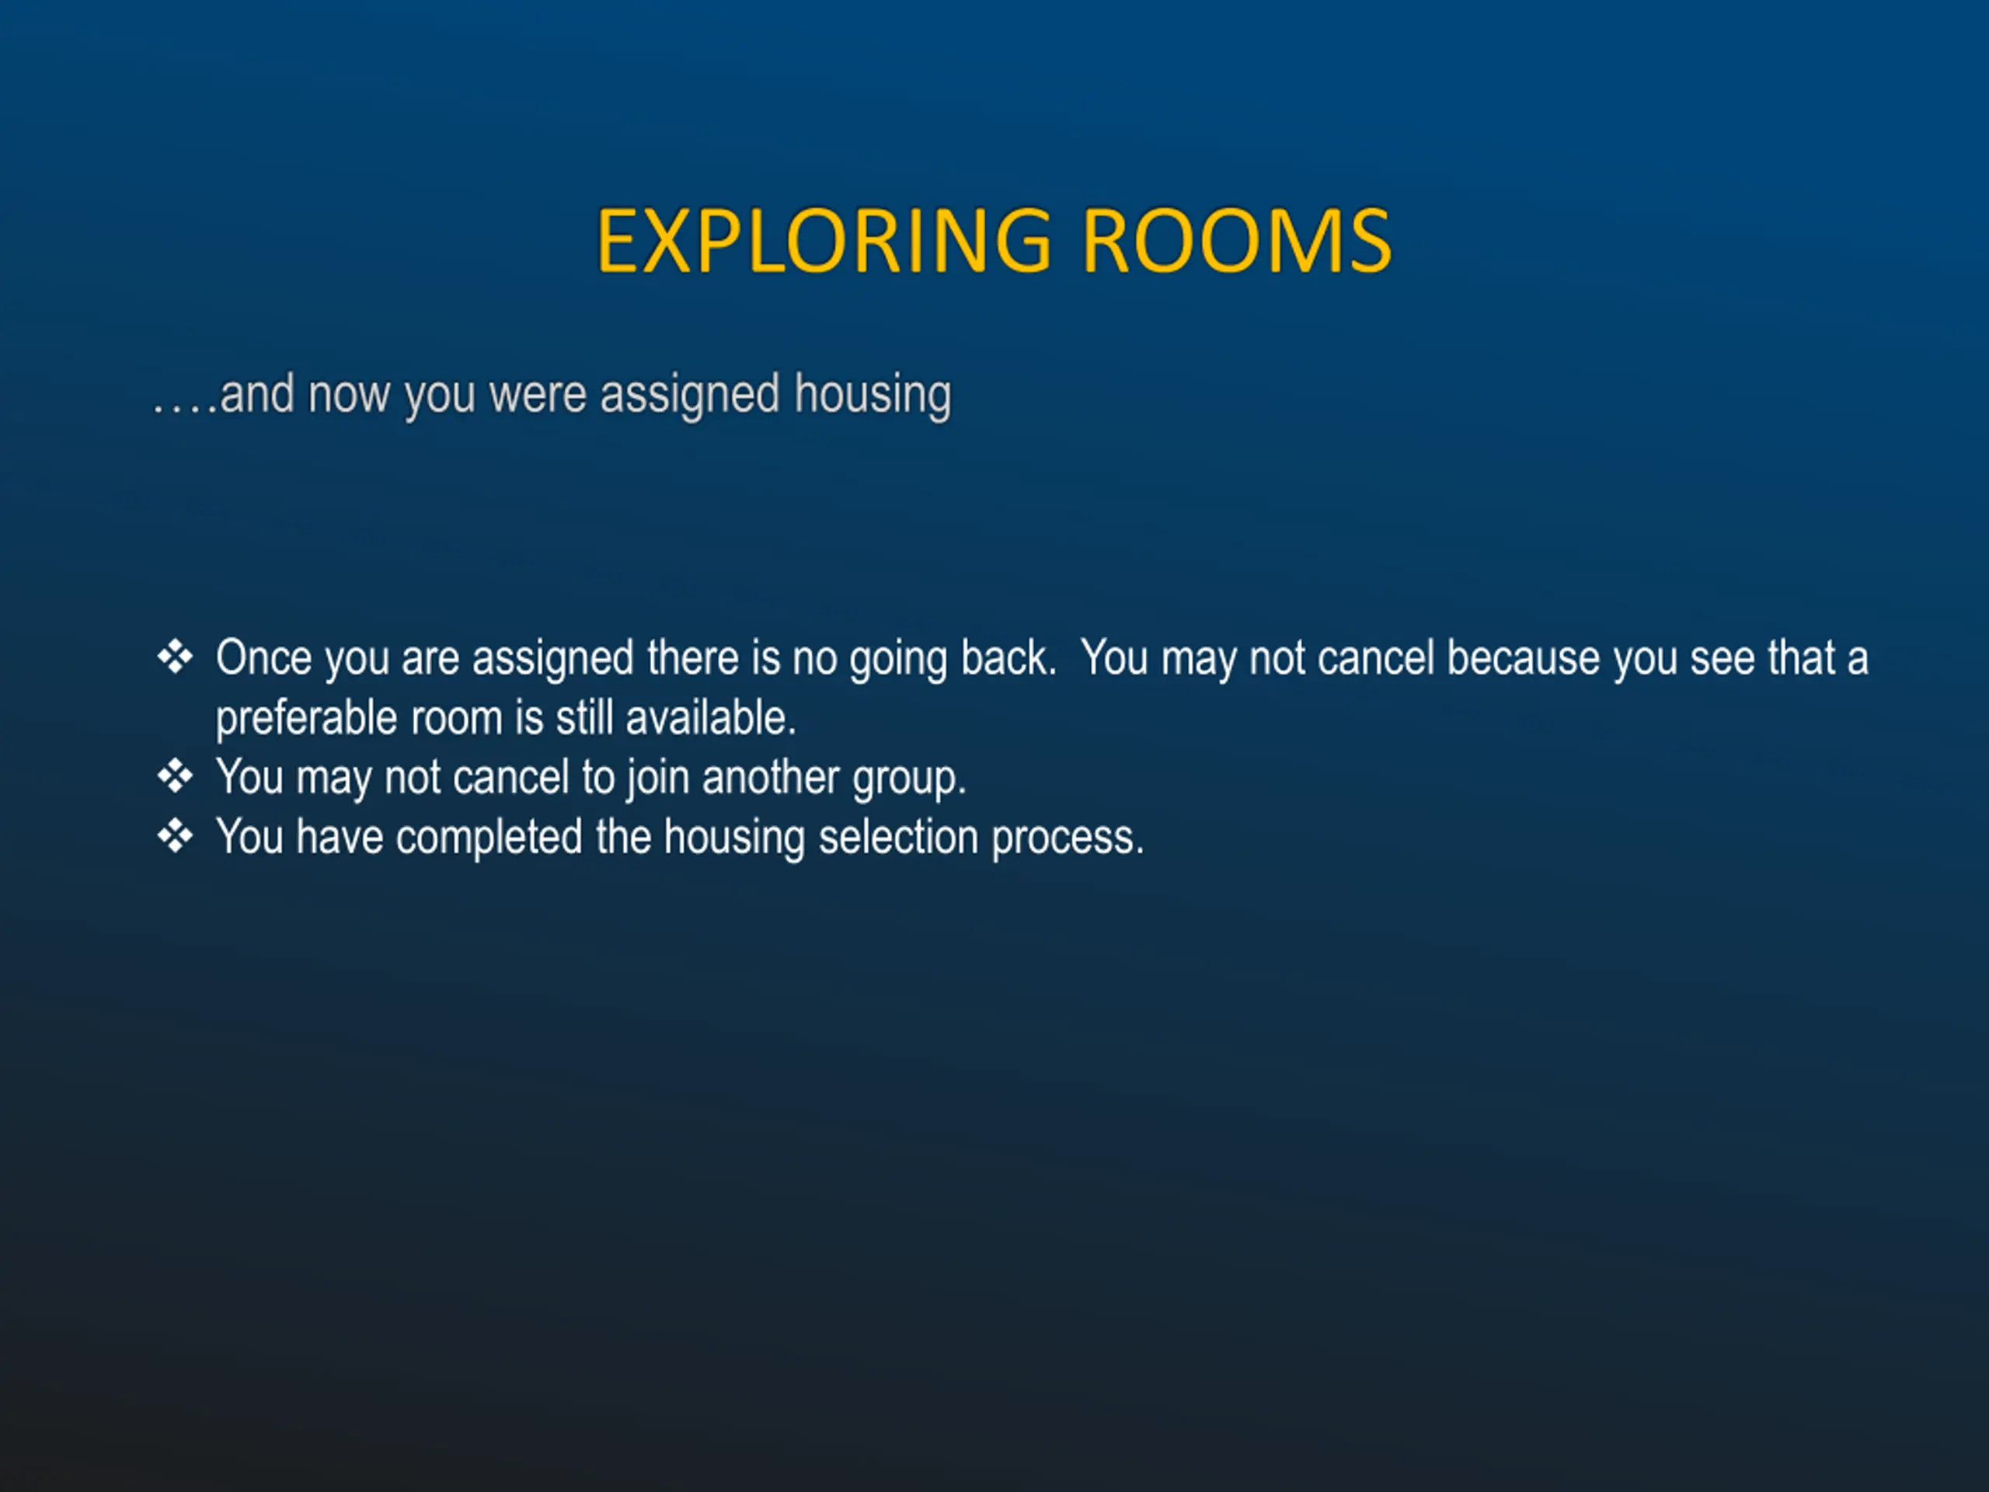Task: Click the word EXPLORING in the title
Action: [x=823, y=240]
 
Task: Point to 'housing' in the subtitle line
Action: [x=873, y=396]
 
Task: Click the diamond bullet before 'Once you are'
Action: [x=175, y=657]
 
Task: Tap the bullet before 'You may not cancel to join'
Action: [x=175, y=776]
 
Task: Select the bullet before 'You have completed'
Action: [x=175, y=836]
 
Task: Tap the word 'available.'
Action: [x=711, y=718]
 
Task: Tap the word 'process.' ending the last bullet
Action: [x=1068, y=840]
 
